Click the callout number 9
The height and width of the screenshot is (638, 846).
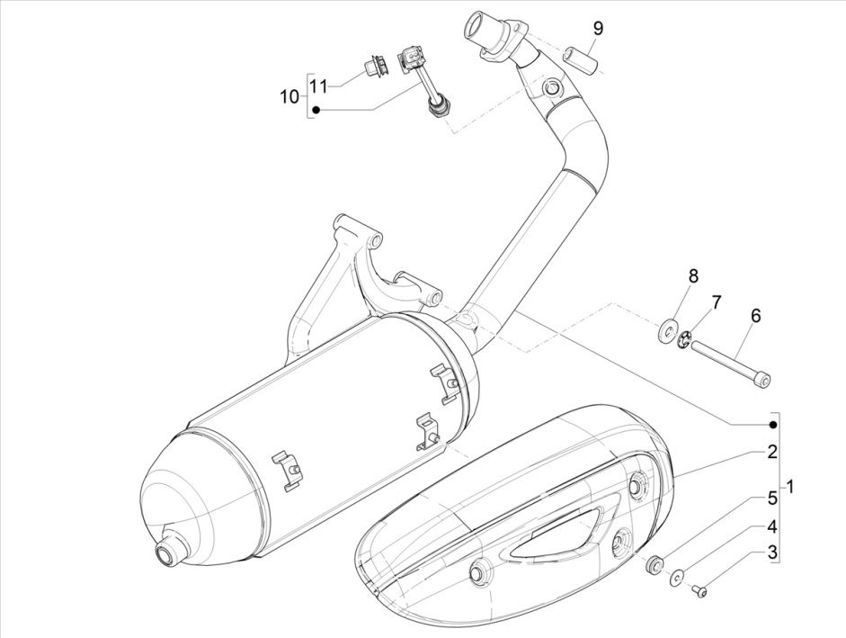pos(597,28)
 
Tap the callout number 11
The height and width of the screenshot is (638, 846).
pos(317,85)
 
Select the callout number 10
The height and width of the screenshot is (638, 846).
pos(289,96)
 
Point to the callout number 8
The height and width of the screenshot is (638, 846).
pos(693,275)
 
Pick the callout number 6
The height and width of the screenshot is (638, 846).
pos(755,316)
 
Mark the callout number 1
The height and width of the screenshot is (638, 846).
pos(790,487)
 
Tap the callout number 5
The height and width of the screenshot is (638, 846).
pos(771,498)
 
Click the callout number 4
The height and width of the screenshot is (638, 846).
pos(771,526)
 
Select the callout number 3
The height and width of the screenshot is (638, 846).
pos(771,553)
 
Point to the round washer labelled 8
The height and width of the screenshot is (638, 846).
pos(670,329)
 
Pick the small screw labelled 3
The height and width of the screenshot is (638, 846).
pos(702,589)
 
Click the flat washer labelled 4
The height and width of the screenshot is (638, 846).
pos(676,577)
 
